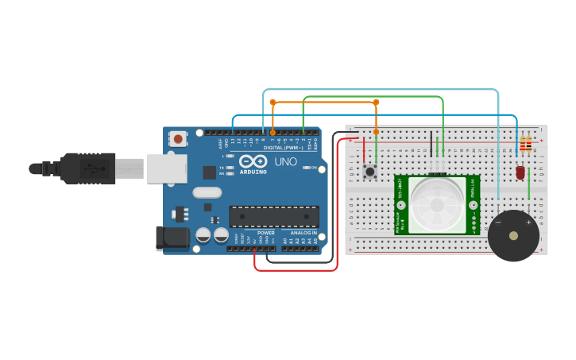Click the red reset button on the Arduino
tap(178, 138)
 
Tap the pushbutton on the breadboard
tap(369, 171)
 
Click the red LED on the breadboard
tap(520, 172)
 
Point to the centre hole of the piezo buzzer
tap(513, 235)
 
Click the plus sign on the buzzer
tap(528, 223)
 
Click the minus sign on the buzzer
tap(498, 223)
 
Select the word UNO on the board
tap(285, 162)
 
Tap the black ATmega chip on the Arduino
tap(274, 216)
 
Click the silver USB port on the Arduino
tap(166, 168)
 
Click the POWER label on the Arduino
tap(266, 233)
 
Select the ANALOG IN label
tap(303, 233)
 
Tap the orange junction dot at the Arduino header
tap(273, 133)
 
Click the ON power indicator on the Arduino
tap(315, 168)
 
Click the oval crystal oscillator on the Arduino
tap(207, 192)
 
